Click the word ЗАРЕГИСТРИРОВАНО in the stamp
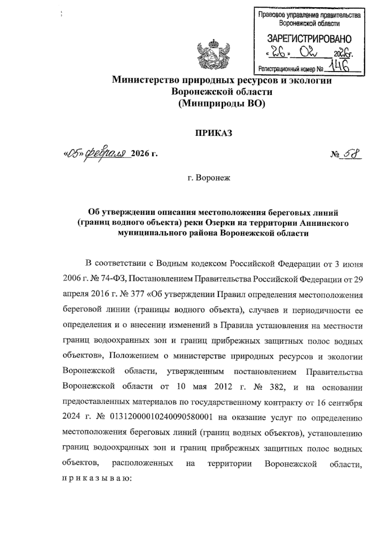tap(309, 39)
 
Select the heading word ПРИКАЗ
tap(213, 133)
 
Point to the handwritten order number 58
tap(352, 154)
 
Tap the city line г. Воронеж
tap(209, 178)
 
